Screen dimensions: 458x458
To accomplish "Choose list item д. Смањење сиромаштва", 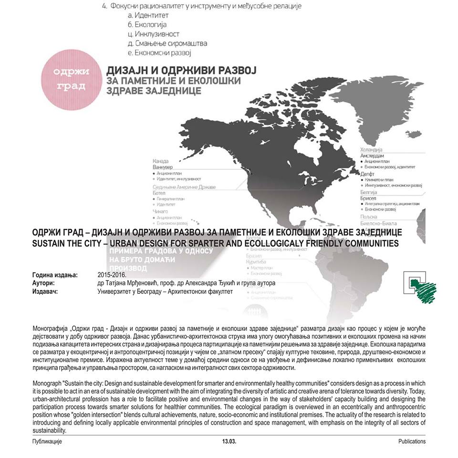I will click(x=164, y=43).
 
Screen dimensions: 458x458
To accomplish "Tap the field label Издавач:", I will click(x=45, y=291).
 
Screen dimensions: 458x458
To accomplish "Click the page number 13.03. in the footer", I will click(x=229, y=441).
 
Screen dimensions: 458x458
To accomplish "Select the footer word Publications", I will click(x=412, y=441).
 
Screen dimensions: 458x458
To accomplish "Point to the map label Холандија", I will click(x=374, y=149).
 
